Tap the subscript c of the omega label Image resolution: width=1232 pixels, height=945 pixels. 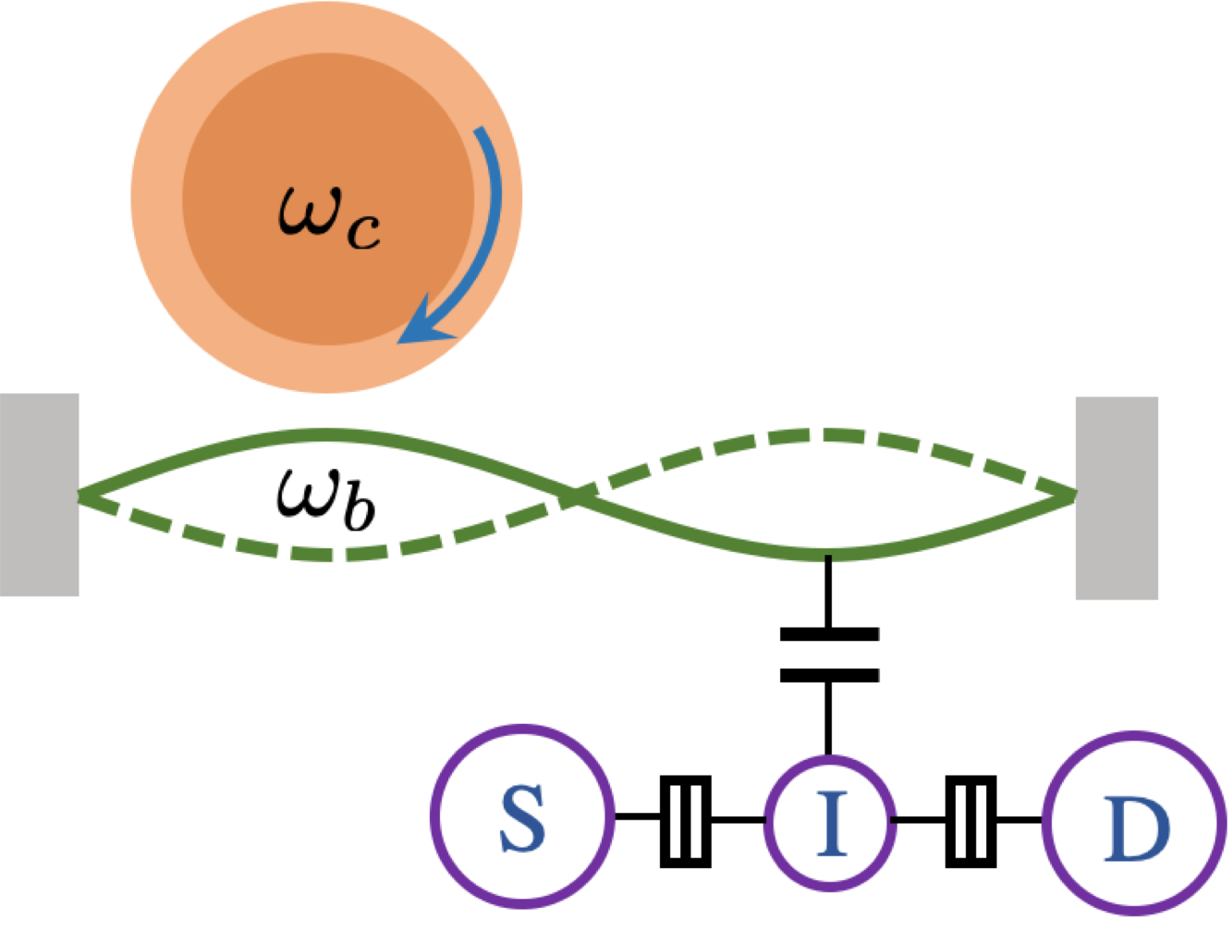click(363, 233)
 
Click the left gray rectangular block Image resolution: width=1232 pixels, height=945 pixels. click(39, 495)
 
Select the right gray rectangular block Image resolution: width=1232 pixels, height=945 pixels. click(1116, 497)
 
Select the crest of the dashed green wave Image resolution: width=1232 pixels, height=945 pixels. click(813, 434)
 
